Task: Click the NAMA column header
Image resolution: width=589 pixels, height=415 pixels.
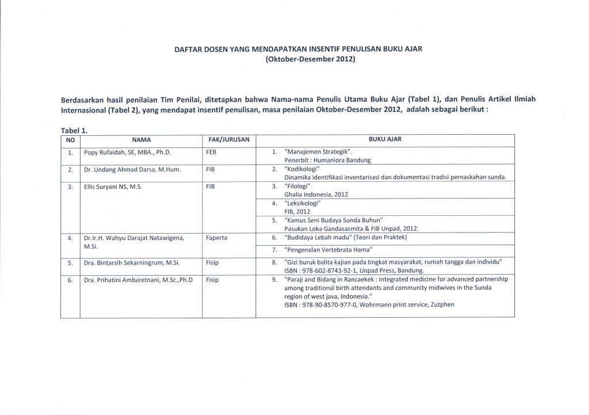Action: tap(140, 139)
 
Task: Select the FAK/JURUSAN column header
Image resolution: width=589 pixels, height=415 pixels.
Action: tap(227, 139)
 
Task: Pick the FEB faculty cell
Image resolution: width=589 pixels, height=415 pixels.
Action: tap(210, 154)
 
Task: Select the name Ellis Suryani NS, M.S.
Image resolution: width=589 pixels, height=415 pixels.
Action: tap(112, 188)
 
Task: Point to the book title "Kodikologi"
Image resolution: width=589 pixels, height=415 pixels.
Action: tap(306, 170)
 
